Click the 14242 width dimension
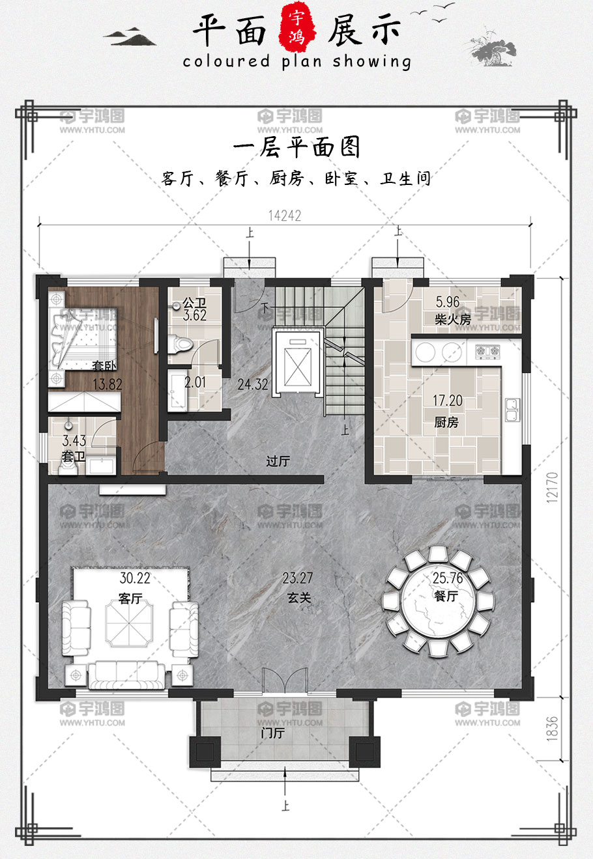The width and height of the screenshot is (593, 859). tap(285, 216)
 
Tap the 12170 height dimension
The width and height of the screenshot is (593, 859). tap(551, 487)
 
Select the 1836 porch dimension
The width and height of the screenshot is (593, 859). tap(551, 728)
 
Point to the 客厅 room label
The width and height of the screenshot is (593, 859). tap(130, 598)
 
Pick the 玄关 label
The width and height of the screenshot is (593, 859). tap(298, 597)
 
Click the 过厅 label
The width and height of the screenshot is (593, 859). tap(278, 460)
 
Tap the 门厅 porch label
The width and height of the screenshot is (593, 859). tap(272, 733)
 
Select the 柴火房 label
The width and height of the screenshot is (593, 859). tap(452, 319)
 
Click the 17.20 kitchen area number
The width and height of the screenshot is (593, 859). tap(448, 401)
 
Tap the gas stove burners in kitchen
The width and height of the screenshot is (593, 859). tap(487, 351)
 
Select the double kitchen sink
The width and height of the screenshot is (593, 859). tap(512, 410)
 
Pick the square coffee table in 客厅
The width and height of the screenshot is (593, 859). tap(129, 623)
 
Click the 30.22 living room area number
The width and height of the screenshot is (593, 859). tap(135, 578)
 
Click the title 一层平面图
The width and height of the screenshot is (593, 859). tap(296, 147)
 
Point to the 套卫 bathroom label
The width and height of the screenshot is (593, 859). tap(73, 457)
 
